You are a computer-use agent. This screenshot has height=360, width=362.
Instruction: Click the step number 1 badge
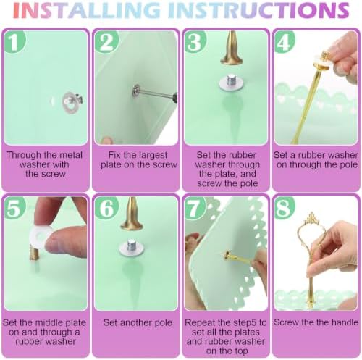pyautogui.click(x=14, y=41)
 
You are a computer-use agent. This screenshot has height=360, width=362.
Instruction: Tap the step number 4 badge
pyautogui.click(x=285, y=41)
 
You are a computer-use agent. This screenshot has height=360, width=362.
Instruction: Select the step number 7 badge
pyautogui.click(x=195, y=208)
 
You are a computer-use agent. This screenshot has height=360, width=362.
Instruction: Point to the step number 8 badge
pyautogui.click(x=285, y=208)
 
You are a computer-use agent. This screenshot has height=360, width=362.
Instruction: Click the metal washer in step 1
pyautogui.click(x=70, y=102)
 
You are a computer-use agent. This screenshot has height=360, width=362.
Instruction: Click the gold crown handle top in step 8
pyautogui.click(x=312, y=219)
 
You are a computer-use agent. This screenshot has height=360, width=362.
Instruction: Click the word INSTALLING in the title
pyautogui.click(x=86, y=10)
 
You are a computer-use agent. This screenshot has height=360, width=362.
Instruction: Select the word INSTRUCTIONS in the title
pyautogui.click(x=258, y=10)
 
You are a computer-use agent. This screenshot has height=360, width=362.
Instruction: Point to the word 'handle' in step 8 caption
pyautogui.click(x=345, y=322)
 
